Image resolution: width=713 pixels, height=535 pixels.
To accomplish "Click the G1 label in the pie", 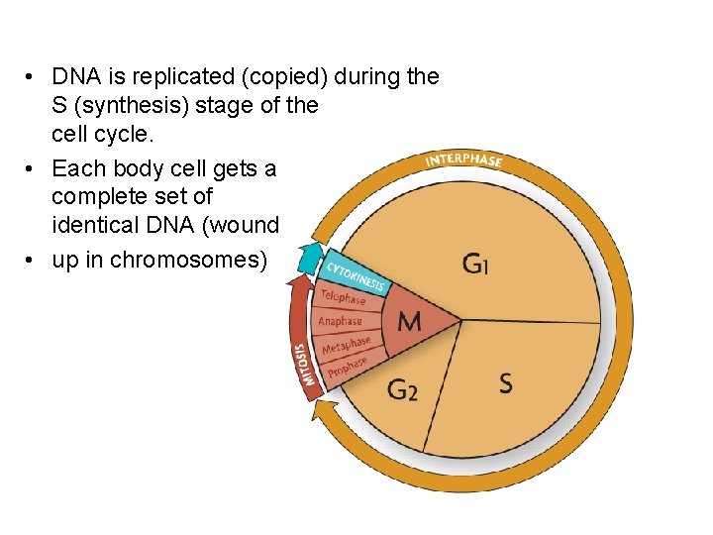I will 474,264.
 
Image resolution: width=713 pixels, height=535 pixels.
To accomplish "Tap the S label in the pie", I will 505,383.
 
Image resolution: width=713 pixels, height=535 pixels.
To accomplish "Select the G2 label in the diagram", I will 402,390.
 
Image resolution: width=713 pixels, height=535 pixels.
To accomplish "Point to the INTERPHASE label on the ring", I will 463,160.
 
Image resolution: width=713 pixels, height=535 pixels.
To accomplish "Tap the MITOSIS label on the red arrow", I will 306,365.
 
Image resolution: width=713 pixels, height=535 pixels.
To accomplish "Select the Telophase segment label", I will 343,296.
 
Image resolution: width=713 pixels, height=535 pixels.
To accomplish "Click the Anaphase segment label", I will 340,321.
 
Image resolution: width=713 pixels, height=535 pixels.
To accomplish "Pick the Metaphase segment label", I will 346,345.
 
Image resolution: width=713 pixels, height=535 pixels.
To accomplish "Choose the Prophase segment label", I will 348,367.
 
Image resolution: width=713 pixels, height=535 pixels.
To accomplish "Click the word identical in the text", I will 92,225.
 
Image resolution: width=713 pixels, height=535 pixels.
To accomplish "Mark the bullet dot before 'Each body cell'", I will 33,168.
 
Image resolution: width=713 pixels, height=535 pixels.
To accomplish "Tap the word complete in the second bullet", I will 95,197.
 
